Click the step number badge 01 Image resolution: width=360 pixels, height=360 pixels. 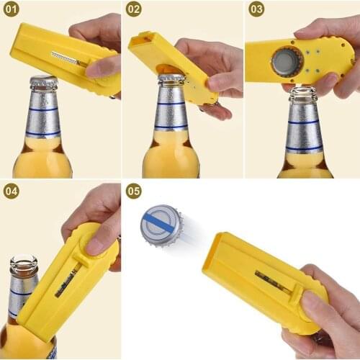12,9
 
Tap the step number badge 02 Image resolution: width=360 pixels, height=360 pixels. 133,9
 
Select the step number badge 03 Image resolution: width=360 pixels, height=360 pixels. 256,9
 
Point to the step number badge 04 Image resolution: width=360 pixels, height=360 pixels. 12,191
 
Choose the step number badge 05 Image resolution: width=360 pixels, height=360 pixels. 133,192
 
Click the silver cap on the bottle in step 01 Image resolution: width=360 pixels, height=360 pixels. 42,81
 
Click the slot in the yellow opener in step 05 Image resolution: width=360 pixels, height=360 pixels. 272,282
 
